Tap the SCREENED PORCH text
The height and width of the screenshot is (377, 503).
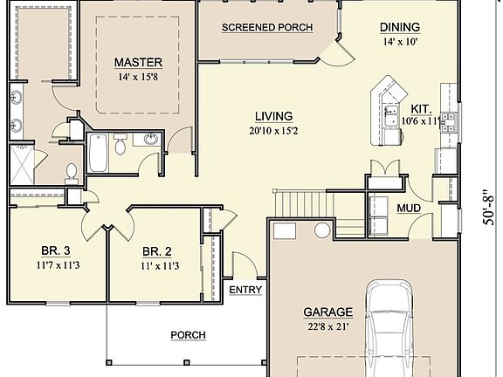[267, 27]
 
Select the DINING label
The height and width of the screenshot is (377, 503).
[400, 27]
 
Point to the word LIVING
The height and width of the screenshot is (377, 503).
[273, 116]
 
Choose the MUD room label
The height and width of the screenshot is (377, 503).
[409, 209]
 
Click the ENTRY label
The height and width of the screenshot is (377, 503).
[245, 290]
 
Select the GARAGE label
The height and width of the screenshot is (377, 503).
[328, 312]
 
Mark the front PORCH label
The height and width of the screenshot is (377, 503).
[188, 334]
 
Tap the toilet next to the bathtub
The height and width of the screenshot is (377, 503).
[120, 147]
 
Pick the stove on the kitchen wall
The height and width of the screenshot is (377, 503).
[449, 122]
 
